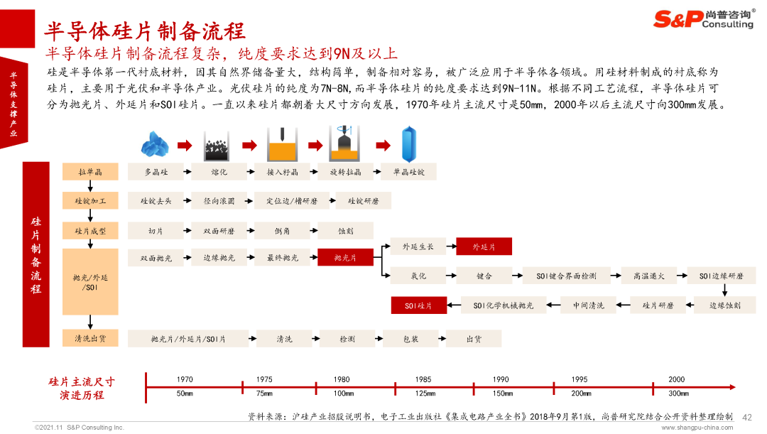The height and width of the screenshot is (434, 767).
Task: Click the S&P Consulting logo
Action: coord(704,18)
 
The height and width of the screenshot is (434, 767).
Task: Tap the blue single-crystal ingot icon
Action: coord(409,144)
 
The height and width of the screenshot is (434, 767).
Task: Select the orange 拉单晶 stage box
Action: coord(90,172)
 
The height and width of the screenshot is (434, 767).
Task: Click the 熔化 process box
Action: coord(219,172)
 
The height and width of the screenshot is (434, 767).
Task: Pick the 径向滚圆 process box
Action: coord(219,201)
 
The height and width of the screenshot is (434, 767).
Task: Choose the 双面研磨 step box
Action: coord(219,231)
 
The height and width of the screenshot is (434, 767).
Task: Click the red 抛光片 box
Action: coord(345,257)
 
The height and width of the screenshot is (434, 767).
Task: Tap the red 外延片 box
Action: coord(484,246)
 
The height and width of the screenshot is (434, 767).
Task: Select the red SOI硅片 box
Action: coord(419,305)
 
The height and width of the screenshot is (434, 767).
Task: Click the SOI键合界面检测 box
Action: coord(567,276)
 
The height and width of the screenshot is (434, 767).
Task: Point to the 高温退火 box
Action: coord(649,276)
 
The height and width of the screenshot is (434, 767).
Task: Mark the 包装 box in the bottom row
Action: coord(411,339)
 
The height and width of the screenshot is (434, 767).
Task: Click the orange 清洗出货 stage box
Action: coord(90,338)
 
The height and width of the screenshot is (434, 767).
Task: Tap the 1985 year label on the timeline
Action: coord(423,379)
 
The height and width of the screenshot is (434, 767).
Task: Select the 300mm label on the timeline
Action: coord(678,394)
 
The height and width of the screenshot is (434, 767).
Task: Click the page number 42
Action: coord(747,418)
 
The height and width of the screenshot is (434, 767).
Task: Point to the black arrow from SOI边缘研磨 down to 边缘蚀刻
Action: coord(725,290)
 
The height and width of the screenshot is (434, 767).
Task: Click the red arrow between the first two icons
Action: coord(185,145)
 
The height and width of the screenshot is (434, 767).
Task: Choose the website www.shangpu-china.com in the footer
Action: coord(697,428)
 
